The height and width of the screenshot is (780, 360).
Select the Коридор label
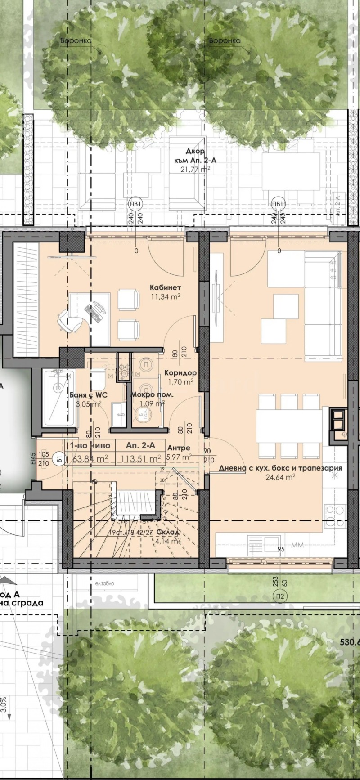tap(180, 373)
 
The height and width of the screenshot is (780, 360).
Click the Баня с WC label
tap(85, 395)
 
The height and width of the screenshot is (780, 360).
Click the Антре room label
tap(178, 448)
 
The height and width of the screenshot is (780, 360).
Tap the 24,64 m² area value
tap(280, 477)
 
